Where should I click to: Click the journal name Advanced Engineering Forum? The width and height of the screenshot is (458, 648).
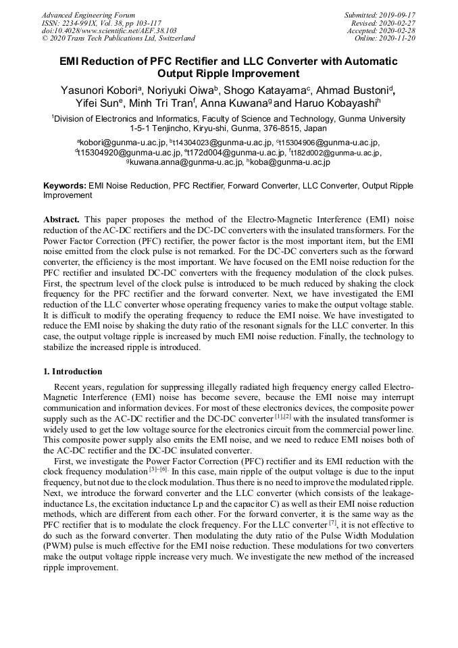click(88, 15)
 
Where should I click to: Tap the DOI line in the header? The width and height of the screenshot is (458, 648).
click(109, 30)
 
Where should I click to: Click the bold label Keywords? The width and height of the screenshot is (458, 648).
click(64, 185)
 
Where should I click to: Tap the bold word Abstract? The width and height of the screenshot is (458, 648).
click(61, 220)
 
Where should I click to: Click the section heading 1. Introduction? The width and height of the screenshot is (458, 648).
click(72, 372)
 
